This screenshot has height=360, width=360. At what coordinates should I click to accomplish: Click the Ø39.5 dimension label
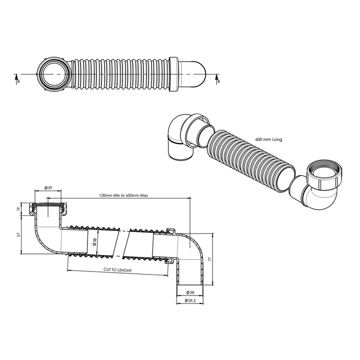[x=190, y=300]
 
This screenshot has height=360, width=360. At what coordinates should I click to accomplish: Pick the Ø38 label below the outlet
[x=190, y=292]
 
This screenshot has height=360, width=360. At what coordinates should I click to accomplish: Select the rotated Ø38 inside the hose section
[x=94, y=242]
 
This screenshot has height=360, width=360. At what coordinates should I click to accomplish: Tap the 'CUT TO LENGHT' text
[x=117, y=269]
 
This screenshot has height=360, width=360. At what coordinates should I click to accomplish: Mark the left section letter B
[x=18, y=80]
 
